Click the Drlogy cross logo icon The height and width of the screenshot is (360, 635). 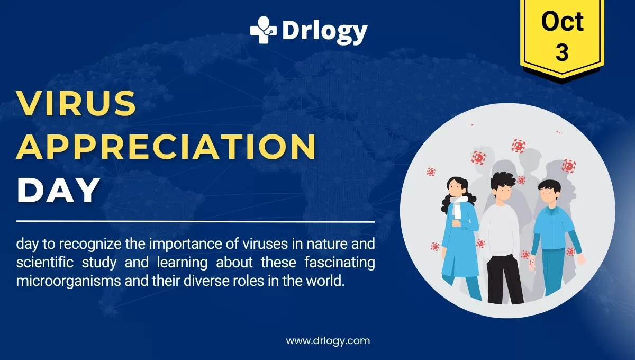(x=264, y=30)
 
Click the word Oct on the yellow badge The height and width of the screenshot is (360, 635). (x=562, y=22)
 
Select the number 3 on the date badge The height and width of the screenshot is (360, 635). (x=562, y=53)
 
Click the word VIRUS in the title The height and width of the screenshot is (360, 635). (x=77, y=103)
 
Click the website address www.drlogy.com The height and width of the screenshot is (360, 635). (x=328, y=340)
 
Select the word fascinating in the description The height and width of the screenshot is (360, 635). (x=336, y=262)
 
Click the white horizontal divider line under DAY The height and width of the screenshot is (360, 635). (x=195, y=221)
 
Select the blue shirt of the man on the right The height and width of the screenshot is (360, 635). (x=553, y=228)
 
